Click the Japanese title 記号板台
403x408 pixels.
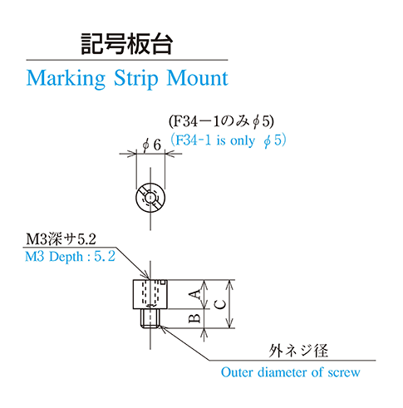(x=127, y=44)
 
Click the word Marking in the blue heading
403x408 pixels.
(x=66, y=79)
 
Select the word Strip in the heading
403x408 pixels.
(x=136, y=79)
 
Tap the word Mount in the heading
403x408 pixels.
(x=197, y=78)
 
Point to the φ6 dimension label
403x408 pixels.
(x=151, y=145)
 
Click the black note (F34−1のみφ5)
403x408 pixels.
(x=221, y=121)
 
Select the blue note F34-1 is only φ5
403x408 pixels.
(x=229, y=140)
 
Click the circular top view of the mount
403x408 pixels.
(x=150, y=198)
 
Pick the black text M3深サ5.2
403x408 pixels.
(x=61, y=239)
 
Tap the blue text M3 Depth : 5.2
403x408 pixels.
(x=70, y=257)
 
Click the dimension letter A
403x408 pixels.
(x=196, y=294)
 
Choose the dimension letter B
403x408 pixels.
(x=194, y=318)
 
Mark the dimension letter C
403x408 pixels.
(x=220, y=305)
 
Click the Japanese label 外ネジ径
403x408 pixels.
(x=298, y=351)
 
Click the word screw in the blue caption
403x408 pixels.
(x=344, y=373)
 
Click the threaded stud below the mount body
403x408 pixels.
(x=150, y=318)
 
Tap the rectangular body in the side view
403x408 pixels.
(x=150, y=294)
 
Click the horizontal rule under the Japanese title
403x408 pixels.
(x=127, y=60)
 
